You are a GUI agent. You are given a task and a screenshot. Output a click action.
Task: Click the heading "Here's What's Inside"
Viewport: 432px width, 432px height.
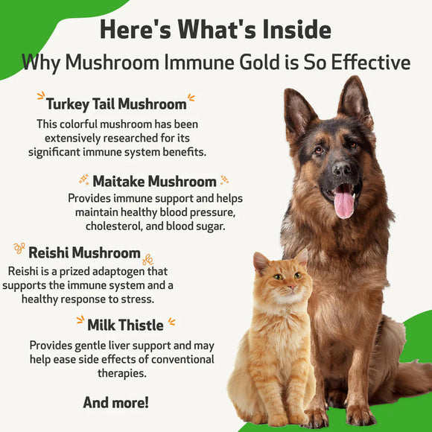pyautogui.click(x=215, y=30)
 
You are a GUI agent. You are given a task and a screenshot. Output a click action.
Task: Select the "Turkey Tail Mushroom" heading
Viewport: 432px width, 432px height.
pyautogui.click(x=115, y=104)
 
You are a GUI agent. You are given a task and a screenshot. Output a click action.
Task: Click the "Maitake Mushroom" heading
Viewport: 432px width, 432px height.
pyautogui.click(x=154, y=181)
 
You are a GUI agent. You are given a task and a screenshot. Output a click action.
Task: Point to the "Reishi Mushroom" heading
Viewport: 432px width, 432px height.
pyautogui.click(x=84, y=252)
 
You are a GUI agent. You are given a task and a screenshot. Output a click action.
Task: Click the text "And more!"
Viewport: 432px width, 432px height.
pyautogui.click(x=115, y=402)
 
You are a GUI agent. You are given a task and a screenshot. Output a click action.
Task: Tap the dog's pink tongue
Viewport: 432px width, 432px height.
pyautogui.click(x=343, y=203)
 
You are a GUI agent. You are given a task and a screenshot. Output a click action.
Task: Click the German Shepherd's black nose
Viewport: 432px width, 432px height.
pyautogui.click(x=343, y=168)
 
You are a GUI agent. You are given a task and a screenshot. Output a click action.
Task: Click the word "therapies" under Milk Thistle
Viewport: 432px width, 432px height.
pyautogui.click(x=121, y=372)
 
